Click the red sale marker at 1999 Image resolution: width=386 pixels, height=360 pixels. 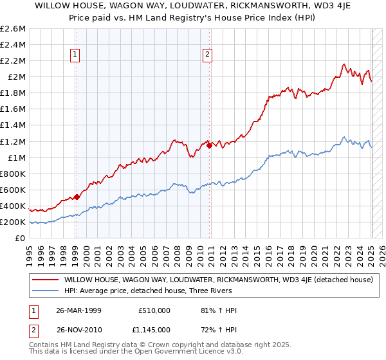(x=77, y=197)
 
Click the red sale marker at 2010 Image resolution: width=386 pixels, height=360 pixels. (x=210, y=146)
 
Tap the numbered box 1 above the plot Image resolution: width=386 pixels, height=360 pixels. (x=76, y=55)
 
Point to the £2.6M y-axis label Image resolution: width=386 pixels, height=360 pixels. (x=13, y=29)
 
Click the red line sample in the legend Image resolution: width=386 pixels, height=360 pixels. (x=44, y=280)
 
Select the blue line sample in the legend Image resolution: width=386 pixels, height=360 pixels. (x=44, y=292)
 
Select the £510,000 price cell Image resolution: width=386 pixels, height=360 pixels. (x=152, y=310)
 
